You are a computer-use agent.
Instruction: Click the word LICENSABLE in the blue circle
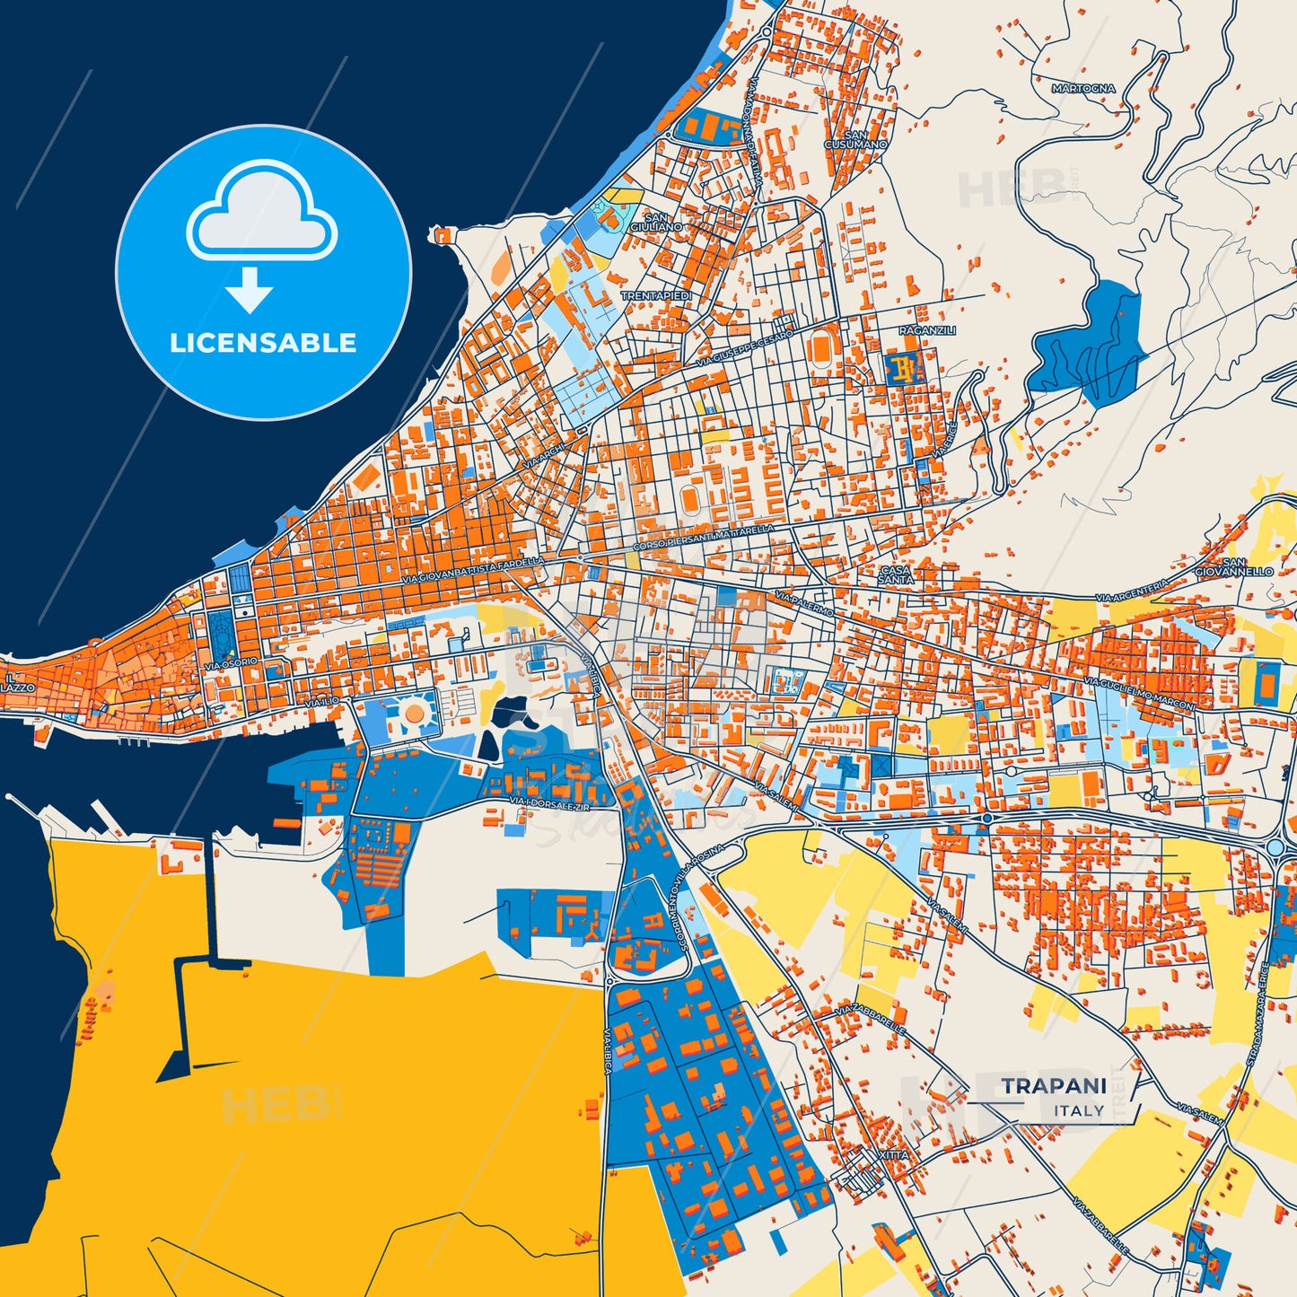click(263, 343)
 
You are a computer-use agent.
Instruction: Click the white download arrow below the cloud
click(250, 289)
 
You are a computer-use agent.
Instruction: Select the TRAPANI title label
click(1054, 1086)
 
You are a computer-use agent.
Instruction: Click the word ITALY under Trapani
click(1079, 1110)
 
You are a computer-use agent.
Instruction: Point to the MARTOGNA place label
click(1083, 89)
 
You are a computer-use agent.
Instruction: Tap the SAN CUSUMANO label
click(855, 139)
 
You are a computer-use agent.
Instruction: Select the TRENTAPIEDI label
click(656, 295)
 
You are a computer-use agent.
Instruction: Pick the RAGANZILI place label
click(927, 330)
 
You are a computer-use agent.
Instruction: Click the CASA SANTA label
click(895, 574)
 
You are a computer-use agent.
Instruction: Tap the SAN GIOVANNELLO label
click(1233, 566)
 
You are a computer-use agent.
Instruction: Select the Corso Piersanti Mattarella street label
click(703, 539)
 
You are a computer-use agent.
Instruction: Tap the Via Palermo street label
click(804, 604)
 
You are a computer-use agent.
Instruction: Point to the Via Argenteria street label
click(1132, 591)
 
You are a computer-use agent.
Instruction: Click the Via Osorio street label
click(231, 663)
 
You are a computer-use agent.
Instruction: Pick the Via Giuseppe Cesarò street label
click(745, 348)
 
